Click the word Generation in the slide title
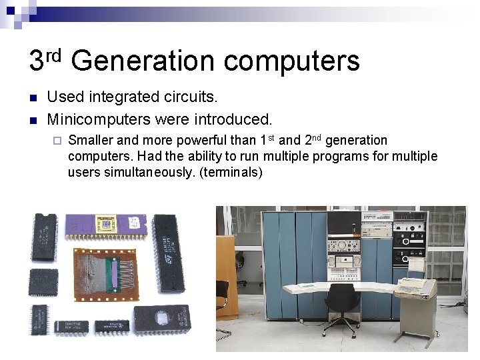143,62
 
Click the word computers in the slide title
292,62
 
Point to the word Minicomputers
98,120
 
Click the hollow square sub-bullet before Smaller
56,141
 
